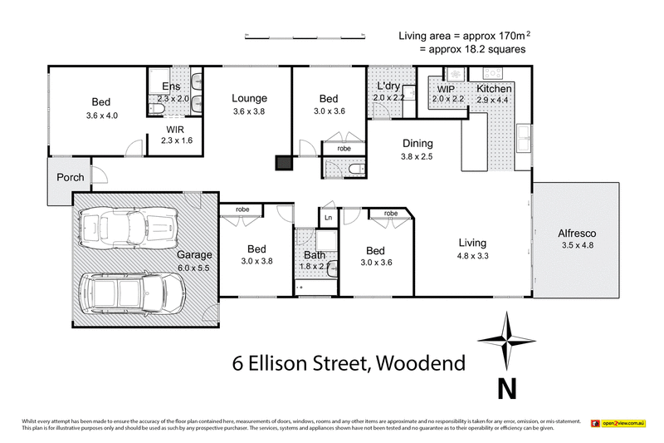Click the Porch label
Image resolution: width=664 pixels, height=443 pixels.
[70, 178]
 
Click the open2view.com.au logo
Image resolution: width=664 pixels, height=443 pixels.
[618, 424]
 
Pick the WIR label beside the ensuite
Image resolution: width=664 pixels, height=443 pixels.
[174, 130]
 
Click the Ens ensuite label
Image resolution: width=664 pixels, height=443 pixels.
[171, 86]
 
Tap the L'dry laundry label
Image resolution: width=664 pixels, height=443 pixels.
[390, 86]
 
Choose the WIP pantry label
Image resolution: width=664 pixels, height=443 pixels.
[446, 88]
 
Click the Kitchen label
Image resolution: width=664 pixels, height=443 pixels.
[495, 88]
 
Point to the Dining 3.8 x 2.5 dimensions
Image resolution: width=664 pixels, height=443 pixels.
[417, 155]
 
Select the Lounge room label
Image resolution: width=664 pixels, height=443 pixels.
[249, 98]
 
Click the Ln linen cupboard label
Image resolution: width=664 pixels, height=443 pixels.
[329, 218]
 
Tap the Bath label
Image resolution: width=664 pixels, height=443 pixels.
[315, 254]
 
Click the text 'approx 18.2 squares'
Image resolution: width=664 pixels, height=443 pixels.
[471, 49]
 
